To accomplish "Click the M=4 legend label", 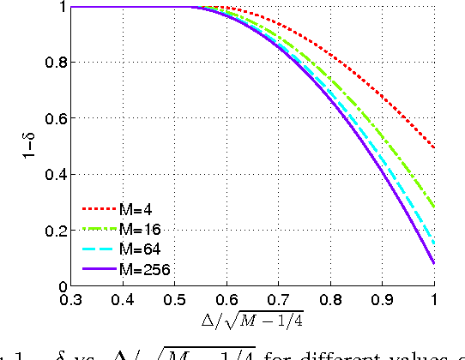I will pos(139,208).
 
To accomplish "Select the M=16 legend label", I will pos(142,229).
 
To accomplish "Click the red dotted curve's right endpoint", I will pos(434,147).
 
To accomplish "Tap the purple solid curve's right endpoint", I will pos(434,263).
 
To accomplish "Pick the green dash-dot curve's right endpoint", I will pos(434,207).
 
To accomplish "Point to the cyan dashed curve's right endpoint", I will pos(434,243).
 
